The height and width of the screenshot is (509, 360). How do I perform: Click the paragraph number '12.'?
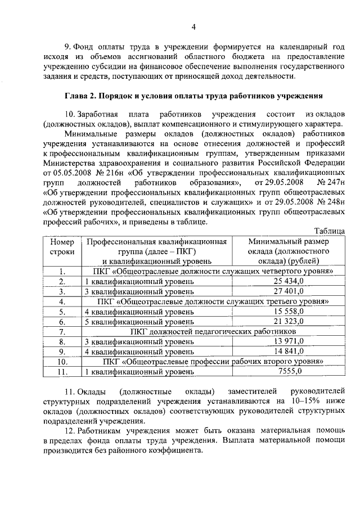coord(70,430)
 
